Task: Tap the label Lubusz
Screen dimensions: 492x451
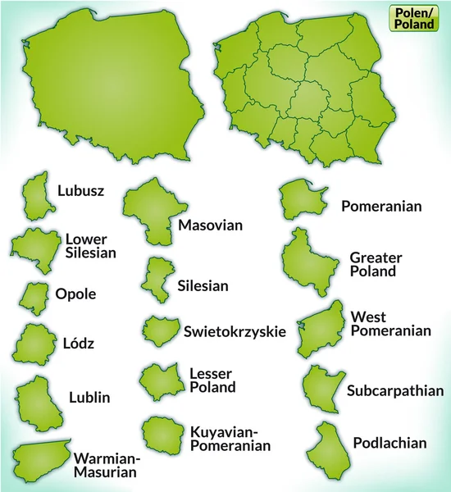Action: tap(80, 191)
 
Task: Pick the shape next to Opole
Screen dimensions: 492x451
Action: tap(36, 295)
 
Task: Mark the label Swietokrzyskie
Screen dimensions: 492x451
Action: tap(235, 331)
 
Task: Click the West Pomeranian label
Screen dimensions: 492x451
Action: tap(390, 323)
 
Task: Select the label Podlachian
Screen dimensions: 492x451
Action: tap(389, 443)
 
